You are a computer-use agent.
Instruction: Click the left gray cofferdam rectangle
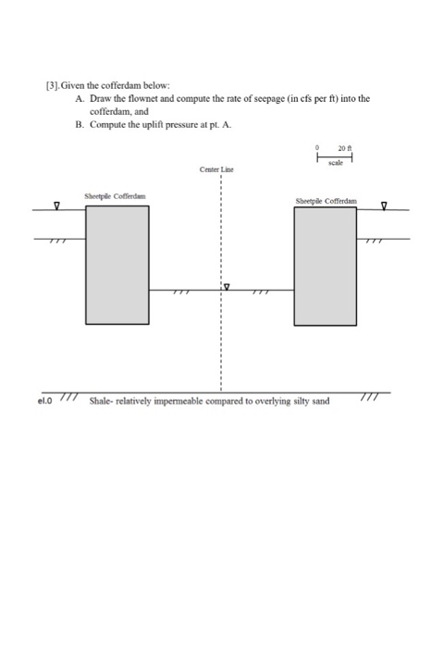117,265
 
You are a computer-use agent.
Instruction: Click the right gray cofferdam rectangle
325,266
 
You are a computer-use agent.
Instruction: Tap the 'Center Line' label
215,170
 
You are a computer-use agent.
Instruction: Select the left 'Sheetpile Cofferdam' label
114,196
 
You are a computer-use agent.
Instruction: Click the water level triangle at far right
385,206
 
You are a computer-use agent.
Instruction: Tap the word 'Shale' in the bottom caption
102,403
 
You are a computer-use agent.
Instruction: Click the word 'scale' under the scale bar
336,163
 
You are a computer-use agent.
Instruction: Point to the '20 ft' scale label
346,146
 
